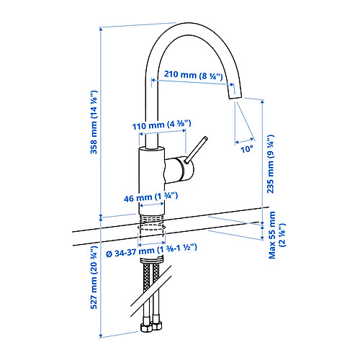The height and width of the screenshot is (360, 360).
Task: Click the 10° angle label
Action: click(x=247, y=149)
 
